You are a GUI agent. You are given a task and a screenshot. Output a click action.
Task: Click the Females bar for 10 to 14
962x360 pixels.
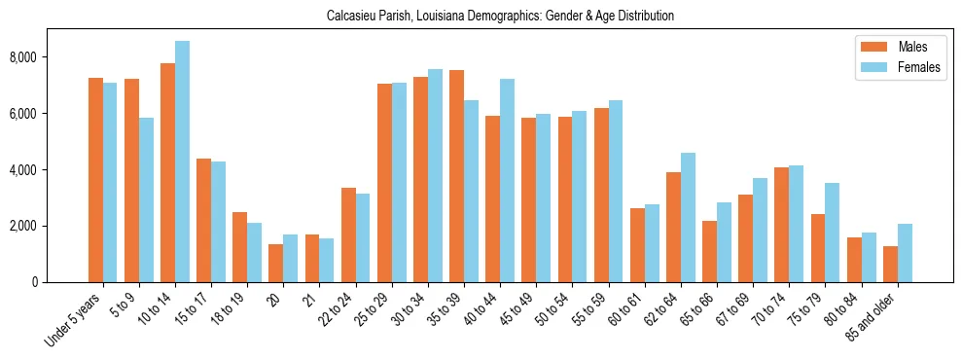pyautogui.click(x=182, y=162)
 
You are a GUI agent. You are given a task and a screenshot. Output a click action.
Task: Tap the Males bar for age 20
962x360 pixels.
pyautogui.click(x=276, y=263)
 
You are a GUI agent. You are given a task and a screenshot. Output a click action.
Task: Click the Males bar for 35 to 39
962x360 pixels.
pyautogui.click(x=456, y=176)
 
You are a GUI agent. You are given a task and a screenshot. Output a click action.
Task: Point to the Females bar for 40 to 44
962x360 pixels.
pyautogui.click(x=507, y=180)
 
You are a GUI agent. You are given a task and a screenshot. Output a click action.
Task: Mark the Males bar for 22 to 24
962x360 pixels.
pyautogui.click(x=348, y=234)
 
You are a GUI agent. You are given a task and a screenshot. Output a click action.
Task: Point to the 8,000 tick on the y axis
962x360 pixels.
pyautogui.click(x=50, y=57)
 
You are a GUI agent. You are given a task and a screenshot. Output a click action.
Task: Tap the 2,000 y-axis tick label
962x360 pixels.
pyautogui.click(x=50, y=226)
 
